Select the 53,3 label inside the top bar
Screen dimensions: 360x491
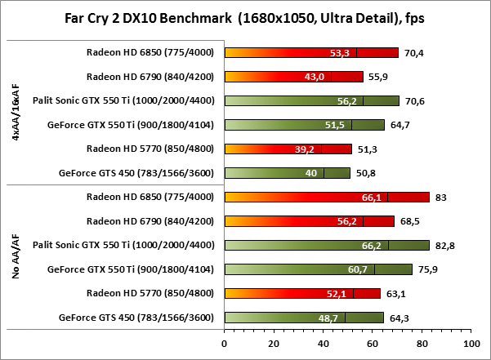[339, 53]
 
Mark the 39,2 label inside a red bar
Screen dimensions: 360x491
[306, 149]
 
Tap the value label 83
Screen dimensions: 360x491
[440, 198]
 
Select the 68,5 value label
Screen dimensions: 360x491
[408, 221]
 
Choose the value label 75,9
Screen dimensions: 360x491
[427, 269]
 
